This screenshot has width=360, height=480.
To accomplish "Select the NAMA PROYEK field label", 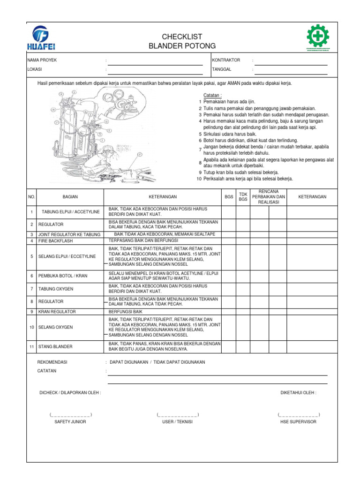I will coord(42,60).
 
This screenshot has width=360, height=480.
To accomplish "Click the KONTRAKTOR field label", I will coord(226,60).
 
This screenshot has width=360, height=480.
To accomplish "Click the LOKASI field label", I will coord(35,69).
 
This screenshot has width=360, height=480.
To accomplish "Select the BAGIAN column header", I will coord(70,197).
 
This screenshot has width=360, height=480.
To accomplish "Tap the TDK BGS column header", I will coord(243,196).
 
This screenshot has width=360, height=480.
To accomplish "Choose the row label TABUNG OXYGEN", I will coord(56,288).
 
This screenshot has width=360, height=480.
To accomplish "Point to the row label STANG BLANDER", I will coord(55,346).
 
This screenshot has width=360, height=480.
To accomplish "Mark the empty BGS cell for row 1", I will coord(229,212).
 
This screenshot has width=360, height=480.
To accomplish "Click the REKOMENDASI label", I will coord(52,362).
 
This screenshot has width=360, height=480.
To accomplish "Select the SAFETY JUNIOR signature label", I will coord(70,422).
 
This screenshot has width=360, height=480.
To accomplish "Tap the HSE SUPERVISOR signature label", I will coord(298,422).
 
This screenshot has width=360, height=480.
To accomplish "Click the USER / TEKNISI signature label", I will coord(178,422).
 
